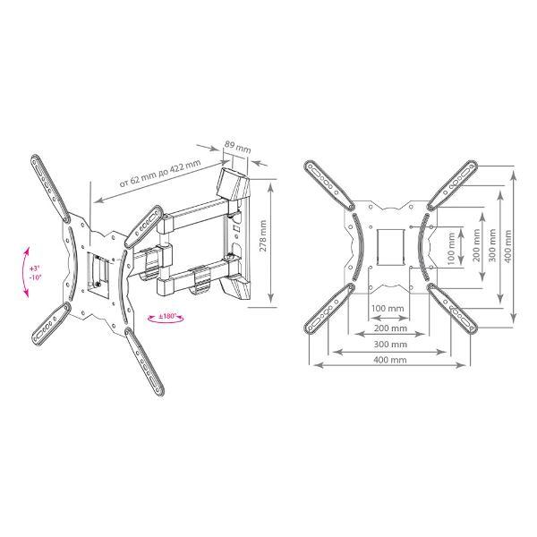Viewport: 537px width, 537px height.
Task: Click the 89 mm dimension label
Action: pyautogui.click(x=237, y=147)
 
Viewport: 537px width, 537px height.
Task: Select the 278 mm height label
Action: pyautogui.click(x=263, y=236)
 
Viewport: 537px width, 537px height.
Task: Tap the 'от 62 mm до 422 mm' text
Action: pyautogui.click(x=159, y=174)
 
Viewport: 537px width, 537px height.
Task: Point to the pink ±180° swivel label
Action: pyautogui.click(x=166, y=316)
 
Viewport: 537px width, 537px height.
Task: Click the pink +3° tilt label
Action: pyautogui.click(x=34, y=268)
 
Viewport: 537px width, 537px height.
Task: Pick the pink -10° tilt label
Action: pyautogui.click(x=35, y=277)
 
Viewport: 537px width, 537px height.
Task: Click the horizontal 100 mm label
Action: pyautogui.click(x=388, y=308)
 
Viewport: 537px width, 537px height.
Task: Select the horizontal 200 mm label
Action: pyautogui.click(x=390, y=328)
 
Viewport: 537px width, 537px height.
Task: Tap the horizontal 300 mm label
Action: pyautogui.click(x=390, y=344)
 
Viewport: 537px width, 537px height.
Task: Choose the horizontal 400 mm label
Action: pyautogui.click(x=390, y=360)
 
